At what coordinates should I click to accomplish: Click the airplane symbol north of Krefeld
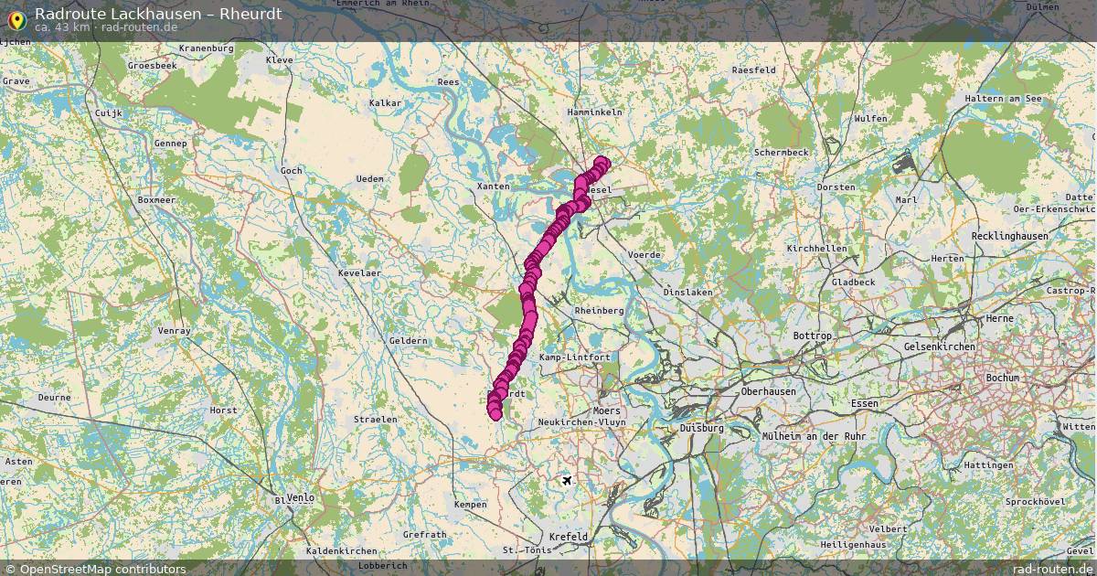click(x=567, y=480)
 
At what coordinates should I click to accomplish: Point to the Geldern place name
click(x=408, y=341)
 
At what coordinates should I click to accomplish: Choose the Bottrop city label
click(x=812, y=336)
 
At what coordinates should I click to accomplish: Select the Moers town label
click(x=606, y=411)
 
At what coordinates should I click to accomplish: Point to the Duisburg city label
click(x=701, y=428)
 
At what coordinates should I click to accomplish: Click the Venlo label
click(x=300, y=498)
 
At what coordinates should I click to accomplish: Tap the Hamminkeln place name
click(x=594, y=112)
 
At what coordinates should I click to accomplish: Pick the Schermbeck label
click(x=781, y=152)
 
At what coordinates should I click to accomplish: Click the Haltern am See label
click(x=1009, y=99)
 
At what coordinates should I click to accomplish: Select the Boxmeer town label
click(x=155, y=199)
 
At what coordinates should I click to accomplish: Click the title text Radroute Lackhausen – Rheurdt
click(x=158, y=14)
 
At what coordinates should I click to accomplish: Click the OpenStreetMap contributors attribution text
click(x=102, y=569)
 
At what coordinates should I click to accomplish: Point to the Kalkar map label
click(x=385, y=103)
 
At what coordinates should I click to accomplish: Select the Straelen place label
click(x=376, y=420)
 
